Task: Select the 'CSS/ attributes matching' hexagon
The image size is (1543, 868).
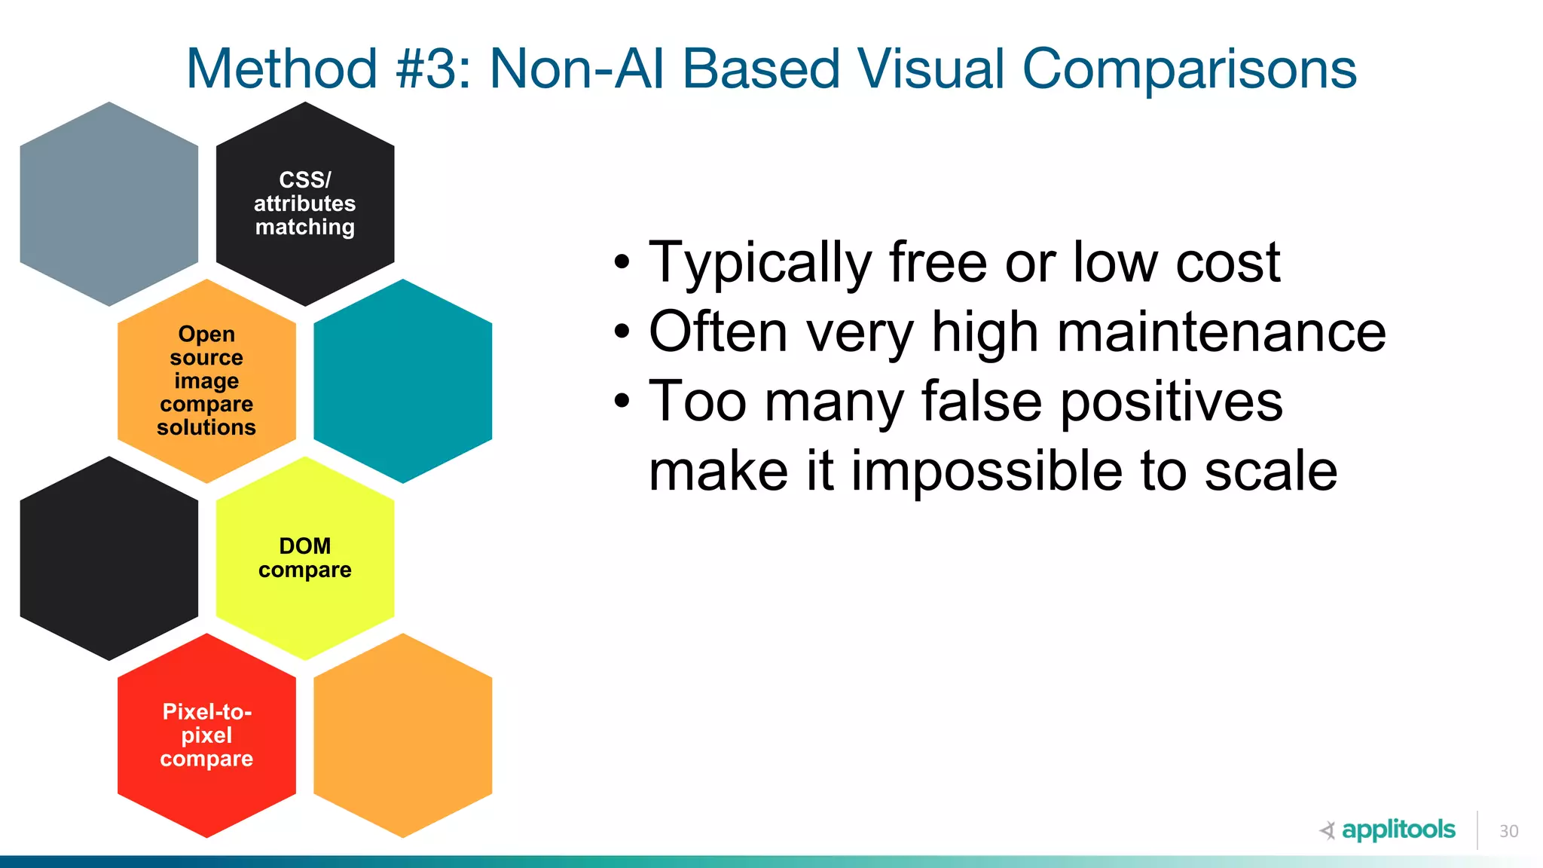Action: pos(305,203)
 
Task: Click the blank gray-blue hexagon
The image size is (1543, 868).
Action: pos(109,203)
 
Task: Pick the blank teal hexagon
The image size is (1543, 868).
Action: pos(403,381)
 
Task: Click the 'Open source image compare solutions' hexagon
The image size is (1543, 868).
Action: pos(206,381)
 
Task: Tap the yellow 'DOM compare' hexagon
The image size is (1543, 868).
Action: pos(305,558)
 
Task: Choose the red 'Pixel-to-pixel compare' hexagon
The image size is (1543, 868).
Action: pos(206,735)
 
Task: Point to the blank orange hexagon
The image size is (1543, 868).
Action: pos(403,735)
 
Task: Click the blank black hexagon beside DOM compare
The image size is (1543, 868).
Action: pos(109,558)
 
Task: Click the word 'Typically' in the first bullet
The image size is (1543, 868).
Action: pos(759,263)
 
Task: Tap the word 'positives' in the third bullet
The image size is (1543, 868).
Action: pos(1172,401)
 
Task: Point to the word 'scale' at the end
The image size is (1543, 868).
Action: pos(1270,471)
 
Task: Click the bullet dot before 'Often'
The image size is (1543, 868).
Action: pos(621,332)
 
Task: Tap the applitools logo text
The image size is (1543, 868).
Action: pos(1398,830)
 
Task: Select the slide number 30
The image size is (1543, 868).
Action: pos(1508,831)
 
